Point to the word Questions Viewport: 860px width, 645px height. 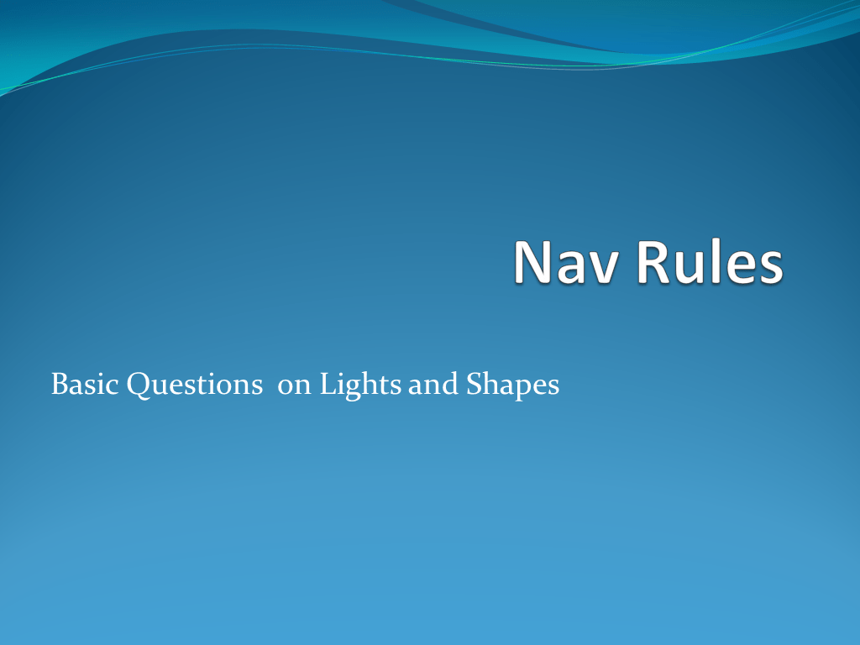(194, 385)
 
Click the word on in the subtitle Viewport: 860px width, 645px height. (295, 387)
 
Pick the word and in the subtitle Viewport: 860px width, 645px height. (423, 385)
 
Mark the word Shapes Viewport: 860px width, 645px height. (511, 385)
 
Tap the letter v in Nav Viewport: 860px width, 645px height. (602, 267)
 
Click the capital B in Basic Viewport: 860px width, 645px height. (60, 385)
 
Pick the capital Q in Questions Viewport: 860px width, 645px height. (139, 385)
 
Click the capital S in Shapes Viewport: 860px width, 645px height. (471, 385)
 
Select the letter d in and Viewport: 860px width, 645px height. (446, 385)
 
